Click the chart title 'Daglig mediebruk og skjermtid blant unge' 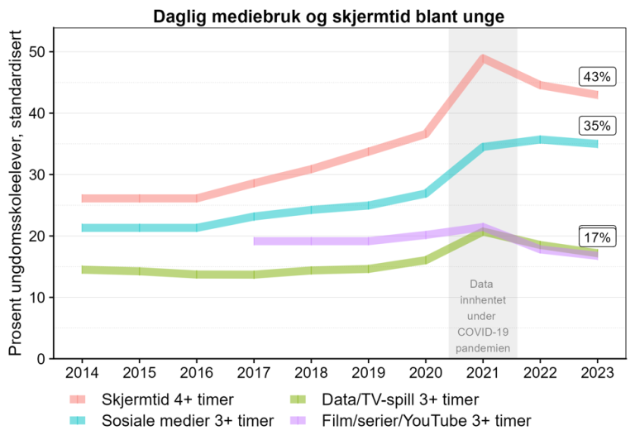coord(327,16)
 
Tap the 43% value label coord(596,77)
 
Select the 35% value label coord(596,126)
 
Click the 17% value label coord(596,237)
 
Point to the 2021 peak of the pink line coord(483,58)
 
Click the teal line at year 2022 coord(540,139)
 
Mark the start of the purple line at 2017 coord(255,241)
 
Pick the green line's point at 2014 coord(83,270)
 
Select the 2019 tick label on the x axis coord(369,371)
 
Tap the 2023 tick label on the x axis coord(597,371)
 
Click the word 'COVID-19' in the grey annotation coord(483,332)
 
